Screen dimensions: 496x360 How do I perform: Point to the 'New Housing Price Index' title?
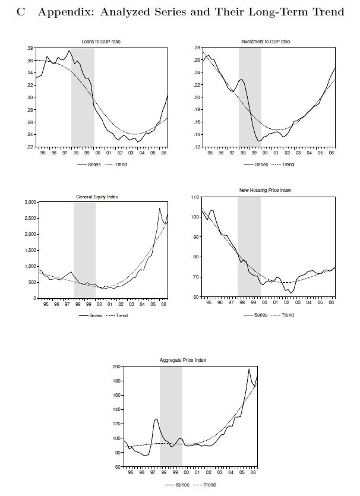265,190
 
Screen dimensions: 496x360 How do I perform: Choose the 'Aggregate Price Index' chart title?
182,360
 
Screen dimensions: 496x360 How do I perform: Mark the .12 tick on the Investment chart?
197,146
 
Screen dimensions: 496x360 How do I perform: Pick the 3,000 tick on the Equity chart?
28,202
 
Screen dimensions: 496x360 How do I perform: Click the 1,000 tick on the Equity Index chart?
28,266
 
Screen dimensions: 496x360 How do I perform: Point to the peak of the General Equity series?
159,208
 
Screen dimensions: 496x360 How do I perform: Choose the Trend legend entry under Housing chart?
288,315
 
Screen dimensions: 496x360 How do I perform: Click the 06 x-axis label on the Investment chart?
331,153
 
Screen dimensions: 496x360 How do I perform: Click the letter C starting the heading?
21,11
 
